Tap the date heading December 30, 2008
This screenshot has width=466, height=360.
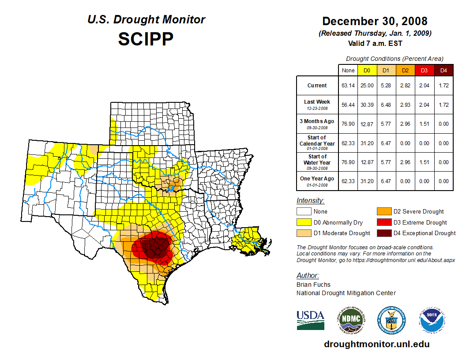click(x=375, y=21)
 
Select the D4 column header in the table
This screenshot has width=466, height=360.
click(x=444, y=71)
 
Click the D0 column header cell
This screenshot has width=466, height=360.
click(x=367, y=71)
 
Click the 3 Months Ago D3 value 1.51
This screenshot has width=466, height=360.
click(x=425, y=124)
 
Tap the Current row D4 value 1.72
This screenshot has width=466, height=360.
click(x=444, y=86)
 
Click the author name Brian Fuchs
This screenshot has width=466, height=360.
click(x=313, y=285)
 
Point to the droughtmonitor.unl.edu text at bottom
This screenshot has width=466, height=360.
click(x=377, y=344)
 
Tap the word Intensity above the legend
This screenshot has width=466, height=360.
click(x=310, y=200)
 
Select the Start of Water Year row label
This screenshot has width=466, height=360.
click(x=317, y=162)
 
